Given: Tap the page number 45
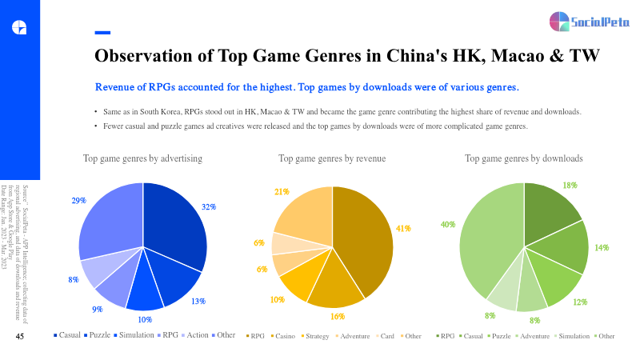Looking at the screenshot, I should point(21,337).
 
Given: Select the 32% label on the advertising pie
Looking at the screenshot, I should point(209,206).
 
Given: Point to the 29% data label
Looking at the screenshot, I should point(78,201).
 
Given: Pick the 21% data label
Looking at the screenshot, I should point(282,192).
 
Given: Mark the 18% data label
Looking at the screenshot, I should point(570,185).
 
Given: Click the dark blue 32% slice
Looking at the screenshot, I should point(176,224).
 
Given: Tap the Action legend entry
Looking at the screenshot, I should point(198,334).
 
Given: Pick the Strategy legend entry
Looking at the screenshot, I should point(317,336).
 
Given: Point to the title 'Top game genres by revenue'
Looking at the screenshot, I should point(332,159).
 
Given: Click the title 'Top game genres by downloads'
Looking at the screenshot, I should point(524,159).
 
